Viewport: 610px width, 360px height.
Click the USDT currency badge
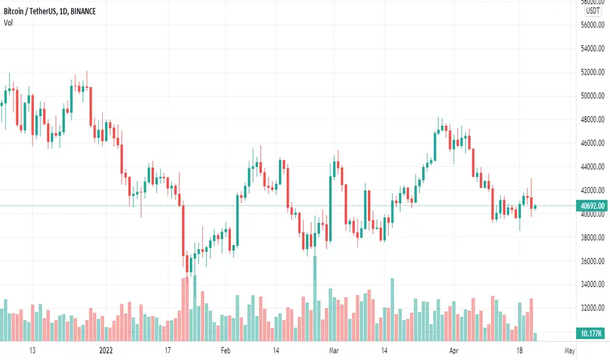pyautogui.click(x=592, y=10)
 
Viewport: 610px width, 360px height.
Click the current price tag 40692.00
pyautogui.click(x=592, y=206)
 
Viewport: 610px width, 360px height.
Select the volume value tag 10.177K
pyautogui.click(x=592, y=331)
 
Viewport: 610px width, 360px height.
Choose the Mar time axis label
pyautogui.click(x=334, y=350)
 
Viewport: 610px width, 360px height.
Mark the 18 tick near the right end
pyautogui.click(x=525, y=350)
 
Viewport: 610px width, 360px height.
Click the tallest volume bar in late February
pyautogui.click(x=315, y=295)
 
